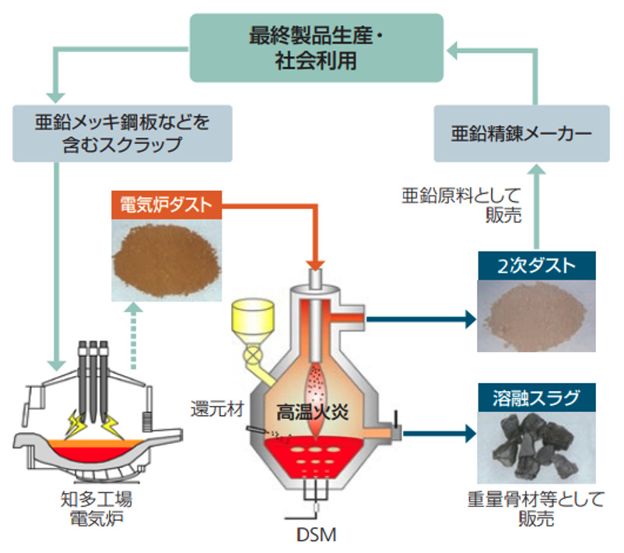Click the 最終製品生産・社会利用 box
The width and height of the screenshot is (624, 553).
(317, 48)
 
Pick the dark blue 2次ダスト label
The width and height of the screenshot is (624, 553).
(536, 266)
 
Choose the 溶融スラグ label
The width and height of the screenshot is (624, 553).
(537, 398)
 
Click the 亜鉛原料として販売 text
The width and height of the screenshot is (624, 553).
(482, 205)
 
